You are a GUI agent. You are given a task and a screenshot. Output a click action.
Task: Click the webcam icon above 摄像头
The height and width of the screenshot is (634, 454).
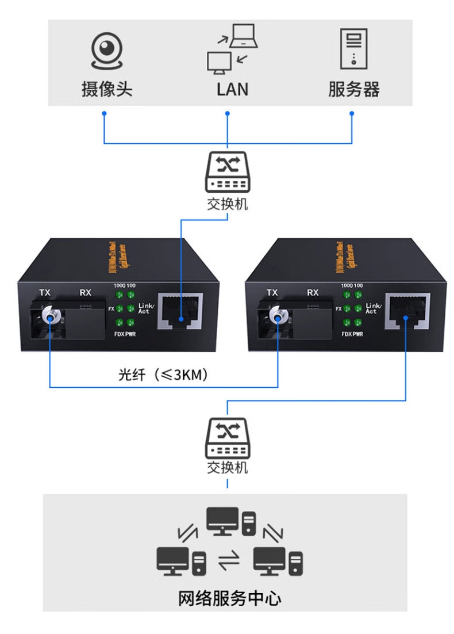[107, 52]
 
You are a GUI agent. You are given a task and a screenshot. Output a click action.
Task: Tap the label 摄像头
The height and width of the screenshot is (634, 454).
[107, 89]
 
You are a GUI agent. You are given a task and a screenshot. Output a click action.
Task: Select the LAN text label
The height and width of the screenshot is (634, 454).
[232, 89]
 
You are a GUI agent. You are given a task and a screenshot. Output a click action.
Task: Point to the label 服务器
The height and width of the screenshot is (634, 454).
[353, 89]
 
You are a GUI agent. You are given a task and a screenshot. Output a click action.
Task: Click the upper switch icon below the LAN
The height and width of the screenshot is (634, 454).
[228, 171]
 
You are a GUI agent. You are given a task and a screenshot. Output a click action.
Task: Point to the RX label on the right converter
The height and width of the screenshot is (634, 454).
[313, 293]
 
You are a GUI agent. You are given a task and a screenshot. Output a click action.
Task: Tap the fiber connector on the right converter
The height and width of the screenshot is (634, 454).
[278, 315]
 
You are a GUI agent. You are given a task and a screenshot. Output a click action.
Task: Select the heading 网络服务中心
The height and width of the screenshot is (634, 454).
[229, 598]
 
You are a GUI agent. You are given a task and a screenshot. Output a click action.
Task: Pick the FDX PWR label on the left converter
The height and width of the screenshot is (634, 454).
[125, 334]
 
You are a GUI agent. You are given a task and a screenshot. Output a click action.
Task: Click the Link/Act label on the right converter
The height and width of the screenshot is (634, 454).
[372, 308]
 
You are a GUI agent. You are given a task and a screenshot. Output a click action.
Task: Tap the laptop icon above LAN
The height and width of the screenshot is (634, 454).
[244, 36]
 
